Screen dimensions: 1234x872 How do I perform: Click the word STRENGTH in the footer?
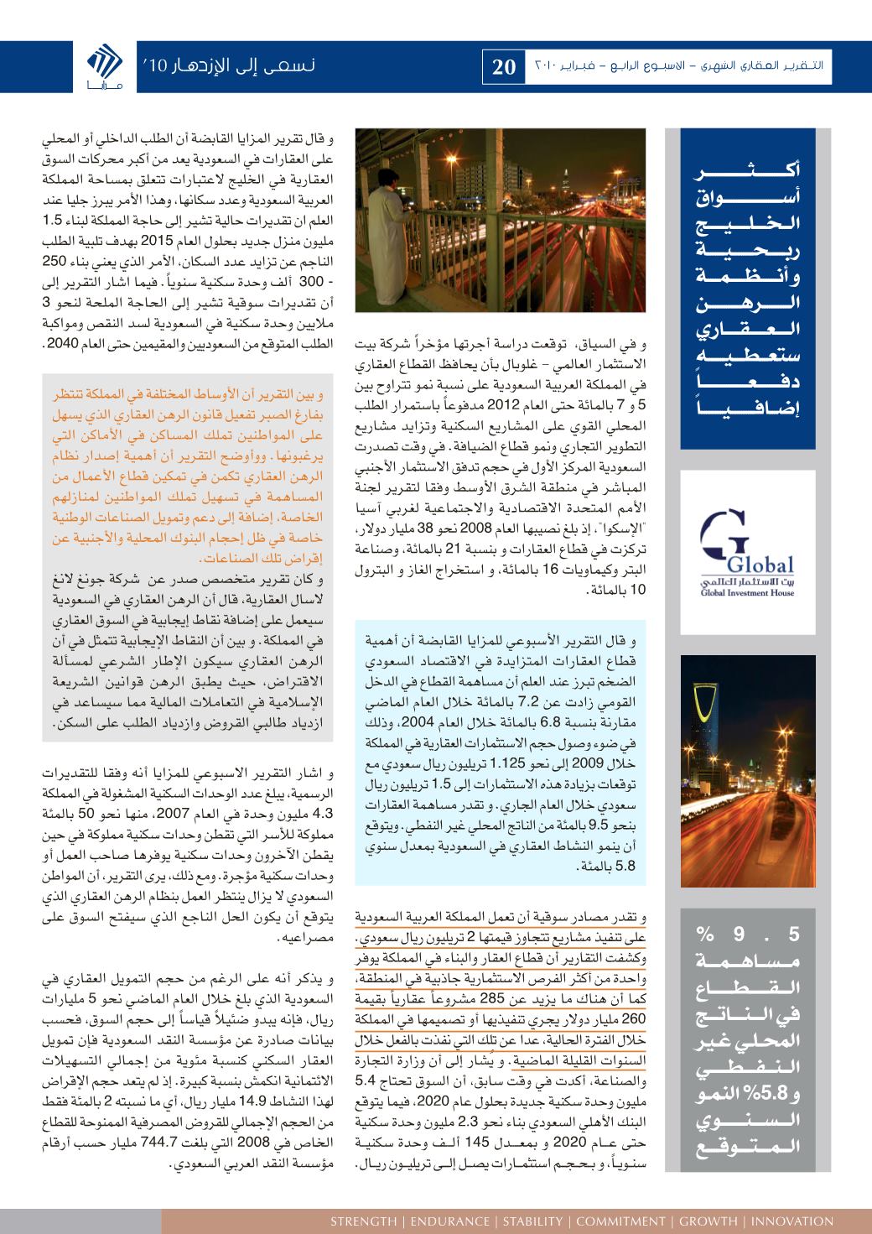[x=365, y=1221]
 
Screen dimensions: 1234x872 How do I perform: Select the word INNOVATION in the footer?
[x=793, y=1221]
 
